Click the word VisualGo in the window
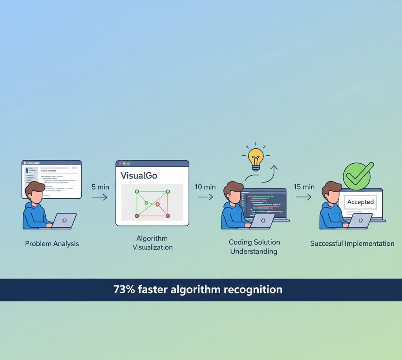[x=139, y=175]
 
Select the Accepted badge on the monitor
[x=360, y=202]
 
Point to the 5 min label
[x=100, y=187]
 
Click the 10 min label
[x=205, y=187]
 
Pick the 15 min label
[x=304, y=187]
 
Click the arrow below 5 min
[x=100, y=197]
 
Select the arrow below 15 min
[x=303, y=197]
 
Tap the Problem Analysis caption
[x=52, y=243]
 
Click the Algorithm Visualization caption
[x=152, y=243]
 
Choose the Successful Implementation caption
[x=352, y=243]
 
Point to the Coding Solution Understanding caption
[x=254, y=247]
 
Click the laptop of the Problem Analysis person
[x=64, y=221]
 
